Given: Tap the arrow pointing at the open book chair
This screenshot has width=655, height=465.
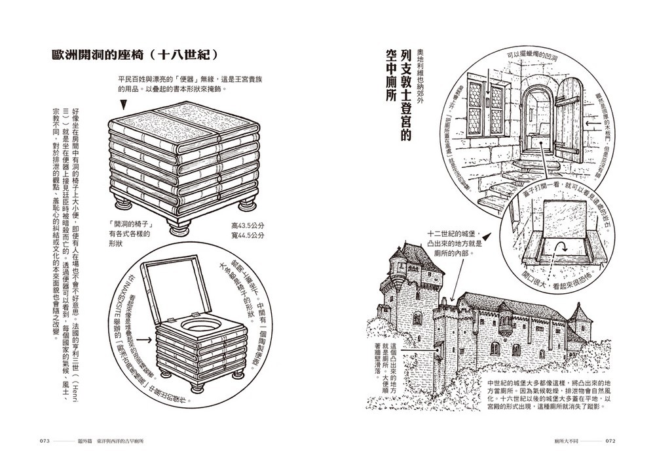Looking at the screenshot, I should pos(147,340).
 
